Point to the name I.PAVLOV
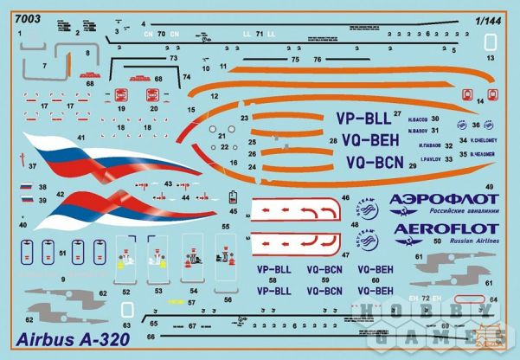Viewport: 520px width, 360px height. [431, 159]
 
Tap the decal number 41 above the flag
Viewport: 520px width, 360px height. [80, 137]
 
